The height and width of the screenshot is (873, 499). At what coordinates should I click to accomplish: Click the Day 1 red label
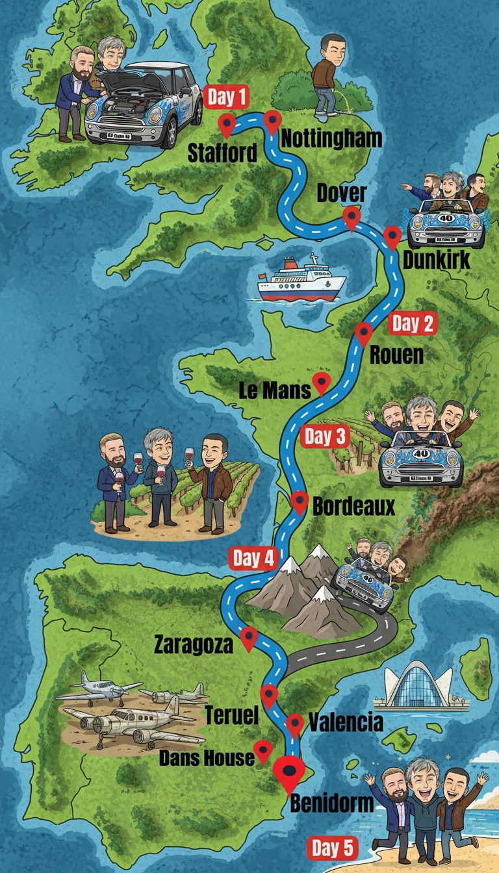(x=227, y=98)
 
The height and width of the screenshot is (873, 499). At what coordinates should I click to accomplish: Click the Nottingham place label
(x=331, y=138)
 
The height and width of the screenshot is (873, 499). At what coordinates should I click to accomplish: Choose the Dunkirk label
(x=437, y=260)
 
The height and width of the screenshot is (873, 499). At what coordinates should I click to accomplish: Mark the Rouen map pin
(x=364, y=334)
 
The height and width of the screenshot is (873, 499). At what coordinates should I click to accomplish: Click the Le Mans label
(x=275, y=390)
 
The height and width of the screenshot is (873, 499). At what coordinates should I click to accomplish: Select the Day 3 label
(x=324, y=437)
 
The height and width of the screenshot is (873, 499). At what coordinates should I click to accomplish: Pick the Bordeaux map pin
(x=300, y=501)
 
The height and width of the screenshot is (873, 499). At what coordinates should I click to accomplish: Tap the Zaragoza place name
(x=193, y=645)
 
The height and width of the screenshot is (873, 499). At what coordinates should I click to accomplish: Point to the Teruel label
(x=232, y=716)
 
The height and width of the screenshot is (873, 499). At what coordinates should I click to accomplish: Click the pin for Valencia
(x=295, y=724)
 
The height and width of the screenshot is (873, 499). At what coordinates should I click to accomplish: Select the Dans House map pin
(x=262, y=751)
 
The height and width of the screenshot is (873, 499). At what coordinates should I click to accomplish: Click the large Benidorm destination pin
(x=289, y=772)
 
